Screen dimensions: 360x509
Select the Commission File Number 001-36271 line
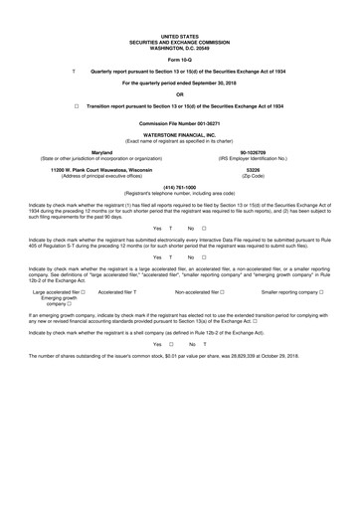(179, 121)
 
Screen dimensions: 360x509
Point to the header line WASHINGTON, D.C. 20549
(180, 21)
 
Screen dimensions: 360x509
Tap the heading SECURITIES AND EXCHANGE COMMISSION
(180, 15)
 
